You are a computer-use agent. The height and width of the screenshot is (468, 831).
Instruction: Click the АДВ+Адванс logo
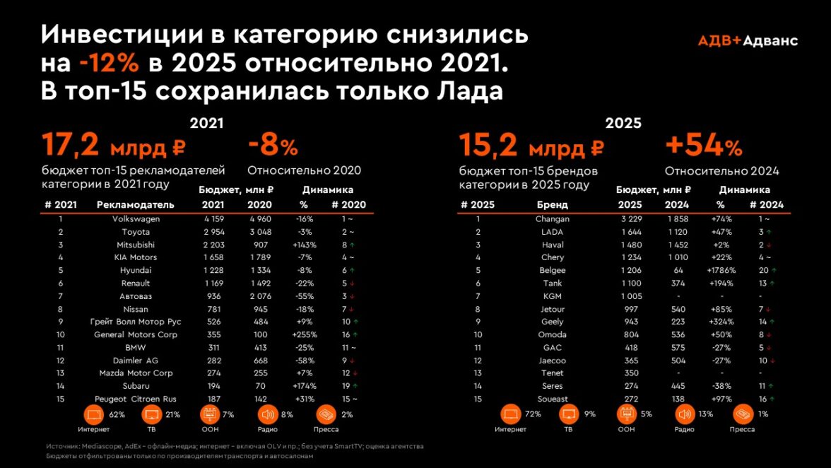click(748, 40)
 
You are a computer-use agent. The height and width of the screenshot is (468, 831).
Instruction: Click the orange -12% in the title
click(109, 64)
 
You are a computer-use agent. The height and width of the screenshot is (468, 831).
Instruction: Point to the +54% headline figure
click(703, 147)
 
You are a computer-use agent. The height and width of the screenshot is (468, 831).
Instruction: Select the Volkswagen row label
click(136, 219)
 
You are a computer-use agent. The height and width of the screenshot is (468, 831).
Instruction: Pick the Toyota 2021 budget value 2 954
click(213, 232)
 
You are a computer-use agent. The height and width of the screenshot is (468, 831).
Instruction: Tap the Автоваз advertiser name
click(136, 296)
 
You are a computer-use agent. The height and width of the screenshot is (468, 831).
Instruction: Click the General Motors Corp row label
click(136, 334)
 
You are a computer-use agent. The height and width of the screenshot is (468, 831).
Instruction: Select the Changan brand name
click(552, 219)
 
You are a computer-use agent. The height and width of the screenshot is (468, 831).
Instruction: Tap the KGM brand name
click(552, 296)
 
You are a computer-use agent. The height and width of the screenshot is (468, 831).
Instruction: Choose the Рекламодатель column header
click(135, 205)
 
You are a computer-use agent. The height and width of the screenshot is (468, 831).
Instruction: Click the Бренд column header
click(552, 205)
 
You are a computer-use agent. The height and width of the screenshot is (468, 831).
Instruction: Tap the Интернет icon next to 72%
click(512, 414)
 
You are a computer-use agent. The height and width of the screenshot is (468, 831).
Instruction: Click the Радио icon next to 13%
click(684, 414)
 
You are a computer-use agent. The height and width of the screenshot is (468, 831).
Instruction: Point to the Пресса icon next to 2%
click(326, 414)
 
